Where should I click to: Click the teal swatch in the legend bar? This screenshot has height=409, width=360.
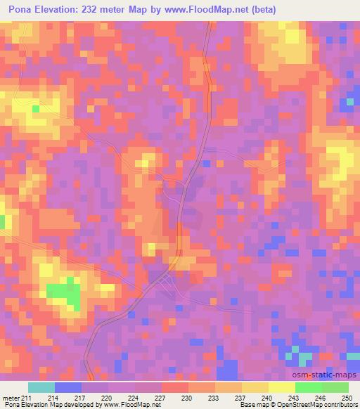coord(41,388)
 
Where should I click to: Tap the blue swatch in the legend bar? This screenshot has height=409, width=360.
coord(68,388)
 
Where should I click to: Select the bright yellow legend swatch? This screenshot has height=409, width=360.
coord(281,388)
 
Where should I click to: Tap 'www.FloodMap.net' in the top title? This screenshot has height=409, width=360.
coord(211,10)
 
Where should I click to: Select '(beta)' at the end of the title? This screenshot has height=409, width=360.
coord(259,10)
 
